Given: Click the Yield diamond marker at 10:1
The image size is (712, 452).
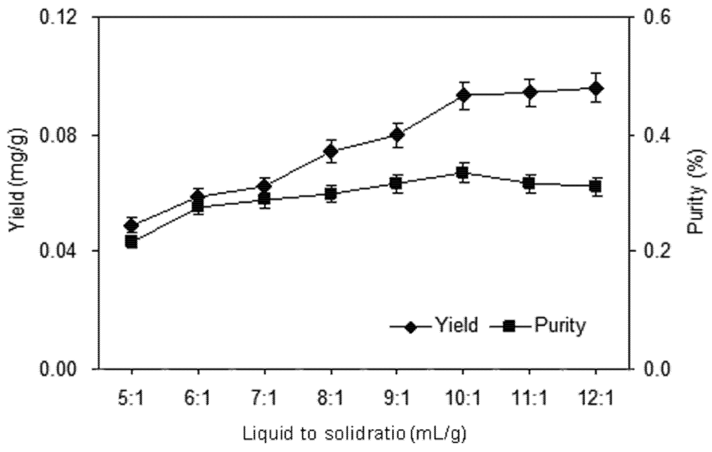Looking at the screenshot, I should pyautogui.click(x=463, y=96).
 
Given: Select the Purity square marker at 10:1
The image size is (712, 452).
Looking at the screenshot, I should pyautogui.click(x=463, y=173).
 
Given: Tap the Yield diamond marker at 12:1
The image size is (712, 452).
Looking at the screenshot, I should pyautogui.click(x=596, y=88).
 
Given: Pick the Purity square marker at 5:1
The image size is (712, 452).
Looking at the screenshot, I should pyautogui.click(x=132, y=242).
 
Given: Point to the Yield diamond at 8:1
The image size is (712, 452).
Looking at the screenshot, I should pyautogui.click(x=331, y=151).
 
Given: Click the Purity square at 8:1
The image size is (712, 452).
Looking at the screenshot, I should pyautogui.click(x=331, y=194).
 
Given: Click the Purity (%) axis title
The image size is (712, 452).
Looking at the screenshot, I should pyautogui.click(x=697, y=192).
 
